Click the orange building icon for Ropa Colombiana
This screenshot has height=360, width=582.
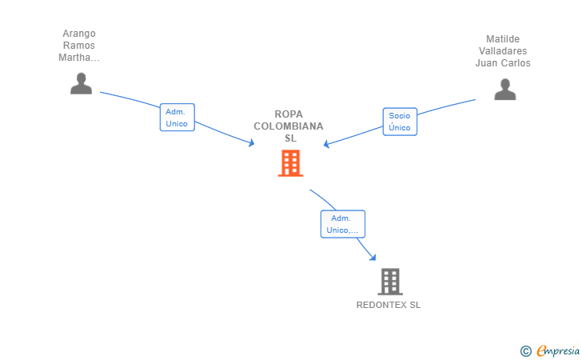(291, 163)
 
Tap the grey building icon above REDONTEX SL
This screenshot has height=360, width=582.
(390, 282)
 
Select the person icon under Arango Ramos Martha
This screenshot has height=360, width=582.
(81, 83)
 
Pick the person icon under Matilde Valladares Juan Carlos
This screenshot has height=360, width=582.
(504, 89)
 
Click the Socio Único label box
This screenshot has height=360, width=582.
(400, 122)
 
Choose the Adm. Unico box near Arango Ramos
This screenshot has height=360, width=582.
(177, 118)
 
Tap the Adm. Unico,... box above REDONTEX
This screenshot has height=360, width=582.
(343, 224)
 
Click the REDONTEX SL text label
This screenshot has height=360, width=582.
(389, 305)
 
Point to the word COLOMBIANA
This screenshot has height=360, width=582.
(289, 126)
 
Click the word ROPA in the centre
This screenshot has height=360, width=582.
(289, 114)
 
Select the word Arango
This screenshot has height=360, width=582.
(79, 34)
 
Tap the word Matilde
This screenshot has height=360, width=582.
(503, 39)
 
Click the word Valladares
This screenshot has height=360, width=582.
(503, 51)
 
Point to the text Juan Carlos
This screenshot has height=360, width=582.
(503, 63)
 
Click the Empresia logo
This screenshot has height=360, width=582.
(558, 350)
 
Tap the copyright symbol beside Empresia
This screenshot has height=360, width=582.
(525, 351)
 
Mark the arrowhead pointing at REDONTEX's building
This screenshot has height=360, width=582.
(373, 257)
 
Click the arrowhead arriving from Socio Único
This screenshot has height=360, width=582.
(327, 144)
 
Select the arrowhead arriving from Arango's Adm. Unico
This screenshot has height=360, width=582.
(251, 142)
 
